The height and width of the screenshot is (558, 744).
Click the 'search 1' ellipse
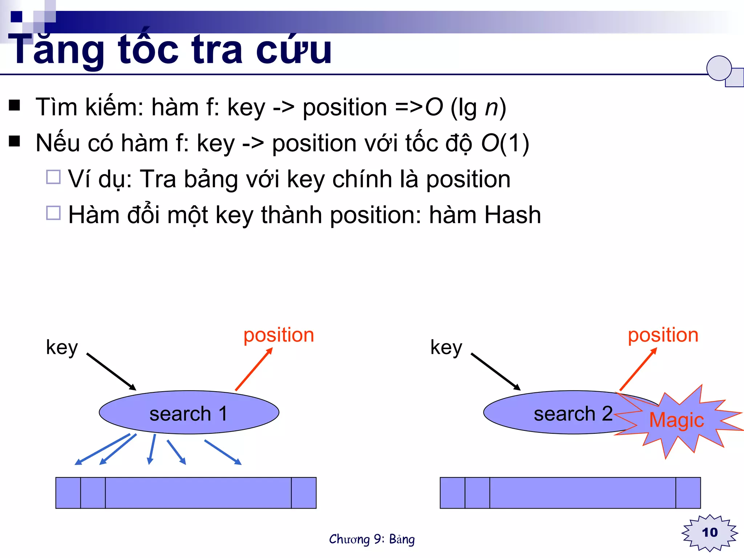tap(189, 413)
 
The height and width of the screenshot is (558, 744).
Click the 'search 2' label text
tap(573, 414)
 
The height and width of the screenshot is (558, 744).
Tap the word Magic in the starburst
tap(676, 420)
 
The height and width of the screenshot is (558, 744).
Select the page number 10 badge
tap(709, 533)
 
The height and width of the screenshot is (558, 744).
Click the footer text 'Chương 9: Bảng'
tap(372, 539)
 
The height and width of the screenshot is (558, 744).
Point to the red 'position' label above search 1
tap(279, 335)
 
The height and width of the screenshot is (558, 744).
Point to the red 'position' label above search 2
tap(663, 335)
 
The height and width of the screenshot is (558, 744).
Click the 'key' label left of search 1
tap(62, 348)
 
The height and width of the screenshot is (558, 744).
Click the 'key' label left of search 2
tap(446, 348)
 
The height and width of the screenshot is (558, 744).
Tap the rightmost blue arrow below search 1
tap(223, 452)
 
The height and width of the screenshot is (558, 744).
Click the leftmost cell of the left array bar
tap(68, 493)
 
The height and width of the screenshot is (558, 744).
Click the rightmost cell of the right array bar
tap(688, 493)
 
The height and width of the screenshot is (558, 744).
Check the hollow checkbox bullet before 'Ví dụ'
tap(53, 177)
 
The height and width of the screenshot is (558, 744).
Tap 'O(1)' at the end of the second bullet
tap(505, 143)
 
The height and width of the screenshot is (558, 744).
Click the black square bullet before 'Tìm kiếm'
tap(15, 105)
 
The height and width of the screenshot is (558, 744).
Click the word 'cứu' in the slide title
tap(294, 50)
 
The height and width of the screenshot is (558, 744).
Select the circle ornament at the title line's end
tap(719, 68)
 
